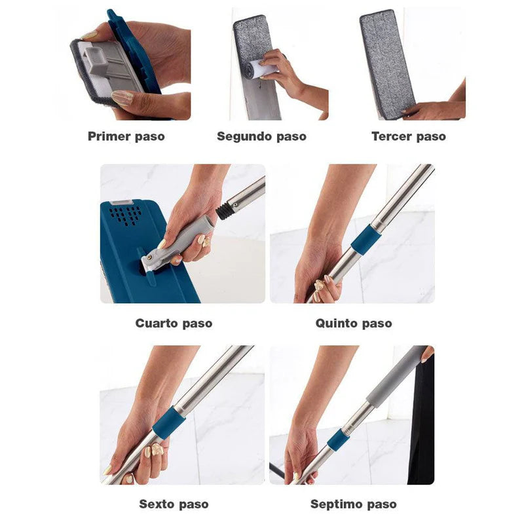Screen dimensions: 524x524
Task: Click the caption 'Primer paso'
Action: coord(126,137)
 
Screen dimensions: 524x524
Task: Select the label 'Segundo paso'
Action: coord(261,137)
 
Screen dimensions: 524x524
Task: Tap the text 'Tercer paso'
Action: coord(408,137)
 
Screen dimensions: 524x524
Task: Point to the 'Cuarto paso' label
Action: coord(174,323)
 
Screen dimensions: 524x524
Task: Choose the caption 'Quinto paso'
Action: coord(354,323)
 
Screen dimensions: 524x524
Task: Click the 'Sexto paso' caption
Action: coord(174,504)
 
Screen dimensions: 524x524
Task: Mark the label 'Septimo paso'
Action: coord(354,504)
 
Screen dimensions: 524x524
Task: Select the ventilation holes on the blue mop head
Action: coord(126,214)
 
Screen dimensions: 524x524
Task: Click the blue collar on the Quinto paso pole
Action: coord(365,240)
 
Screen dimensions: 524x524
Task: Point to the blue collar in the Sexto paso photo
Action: coord(168,423)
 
